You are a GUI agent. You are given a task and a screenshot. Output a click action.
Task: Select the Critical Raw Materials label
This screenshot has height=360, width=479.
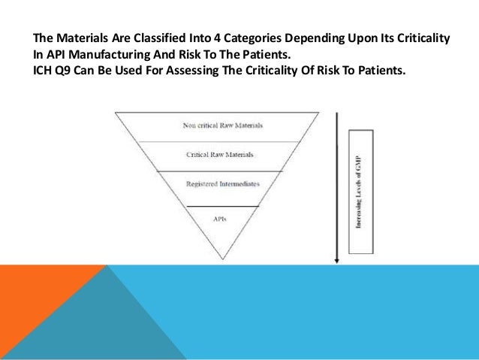pyautogui.click(x=220, y=154)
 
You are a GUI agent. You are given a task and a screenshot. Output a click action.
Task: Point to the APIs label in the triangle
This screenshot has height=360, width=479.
pyautogui.click(x=221, y=219)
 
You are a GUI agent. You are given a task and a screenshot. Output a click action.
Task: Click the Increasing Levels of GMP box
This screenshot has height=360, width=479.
pyautogui.click(x=360, y=191)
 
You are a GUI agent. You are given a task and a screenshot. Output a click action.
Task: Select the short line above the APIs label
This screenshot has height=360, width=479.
pyautogui.click(x=222, y=206)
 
